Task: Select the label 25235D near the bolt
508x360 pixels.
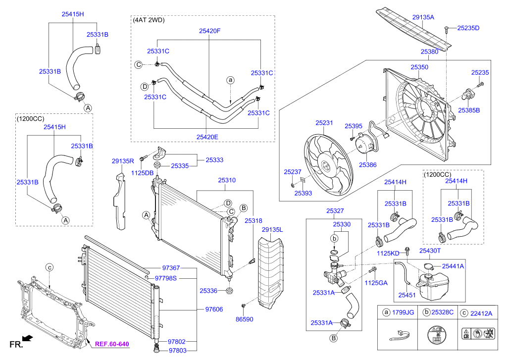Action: point(468,28)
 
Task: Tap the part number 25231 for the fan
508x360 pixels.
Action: point(324,122)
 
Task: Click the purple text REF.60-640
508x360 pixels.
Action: point(112,344)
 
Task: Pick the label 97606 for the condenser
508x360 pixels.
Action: point(214,309)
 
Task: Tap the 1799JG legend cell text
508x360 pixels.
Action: point(403,313)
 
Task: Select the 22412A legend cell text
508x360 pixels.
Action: point(481,313)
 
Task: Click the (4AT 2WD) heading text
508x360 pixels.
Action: point(149,20)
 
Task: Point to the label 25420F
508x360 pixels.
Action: point(209,31)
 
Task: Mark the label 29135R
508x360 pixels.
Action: point(123,161)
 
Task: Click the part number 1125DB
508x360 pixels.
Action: point(142,172)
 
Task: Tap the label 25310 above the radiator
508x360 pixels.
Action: point(227,181)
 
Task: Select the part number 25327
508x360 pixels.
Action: point(335,211)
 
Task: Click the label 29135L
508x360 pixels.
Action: point(272,230)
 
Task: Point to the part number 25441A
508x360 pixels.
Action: point(453,266)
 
